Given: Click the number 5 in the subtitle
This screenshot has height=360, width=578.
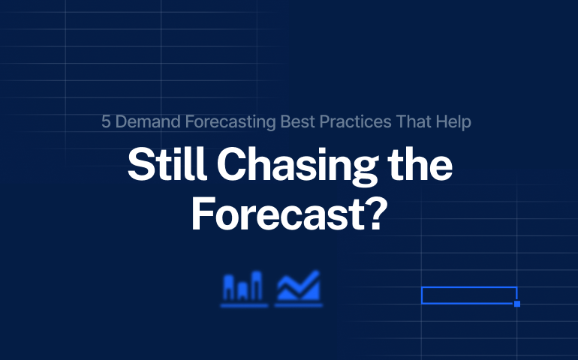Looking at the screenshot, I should [106, 121].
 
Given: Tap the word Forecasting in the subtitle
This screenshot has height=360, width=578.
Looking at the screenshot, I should [218, 121].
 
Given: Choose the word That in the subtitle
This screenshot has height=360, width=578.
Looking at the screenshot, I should [394, 121].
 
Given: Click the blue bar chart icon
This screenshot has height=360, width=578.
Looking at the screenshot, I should [245, 289].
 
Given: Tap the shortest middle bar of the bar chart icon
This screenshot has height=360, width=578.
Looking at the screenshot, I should [245, 292].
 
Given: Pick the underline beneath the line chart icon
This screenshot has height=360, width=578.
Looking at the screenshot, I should [298, 305].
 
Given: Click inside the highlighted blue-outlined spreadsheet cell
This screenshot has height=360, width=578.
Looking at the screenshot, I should [468, 295].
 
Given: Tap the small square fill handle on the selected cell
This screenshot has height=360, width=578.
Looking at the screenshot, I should [516, 304].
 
